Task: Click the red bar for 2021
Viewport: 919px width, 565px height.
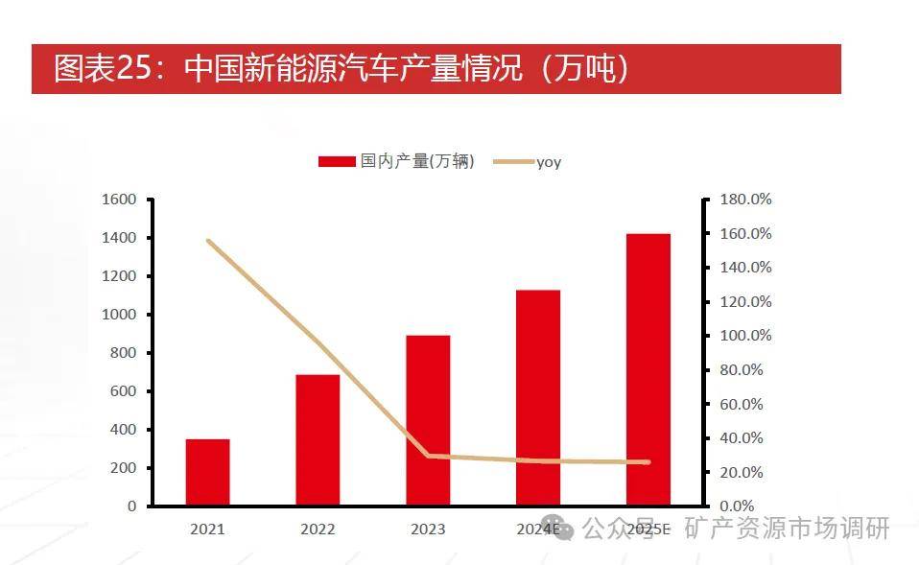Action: point(207,472)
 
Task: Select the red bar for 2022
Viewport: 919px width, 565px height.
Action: point(318,439)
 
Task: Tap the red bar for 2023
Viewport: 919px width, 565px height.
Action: point(428,420)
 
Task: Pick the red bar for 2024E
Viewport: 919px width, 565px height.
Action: point(538,397)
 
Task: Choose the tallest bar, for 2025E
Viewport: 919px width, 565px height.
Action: point(648,369)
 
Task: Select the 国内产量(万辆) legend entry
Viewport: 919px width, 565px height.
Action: point(397,162)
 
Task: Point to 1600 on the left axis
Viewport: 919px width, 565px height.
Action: point(119,200)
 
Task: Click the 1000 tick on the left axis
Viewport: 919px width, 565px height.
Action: point(119,315)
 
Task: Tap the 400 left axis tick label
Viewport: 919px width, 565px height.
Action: point(124,430)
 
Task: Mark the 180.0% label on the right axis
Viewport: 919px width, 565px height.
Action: point(745,200)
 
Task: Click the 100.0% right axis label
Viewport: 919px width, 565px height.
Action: point(745,336)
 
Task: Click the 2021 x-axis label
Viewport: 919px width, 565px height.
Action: point(207,529)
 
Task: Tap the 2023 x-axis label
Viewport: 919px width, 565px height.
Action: point(428,529)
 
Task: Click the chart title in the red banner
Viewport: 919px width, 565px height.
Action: point(341,69)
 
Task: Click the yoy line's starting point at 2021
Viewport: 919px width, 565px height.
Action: point(208,241)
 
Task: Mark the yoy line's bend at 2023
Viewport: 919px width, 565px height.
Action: point(429,456)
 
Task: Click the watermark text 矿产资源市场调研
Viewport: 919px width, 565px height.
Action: point(787,529)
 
